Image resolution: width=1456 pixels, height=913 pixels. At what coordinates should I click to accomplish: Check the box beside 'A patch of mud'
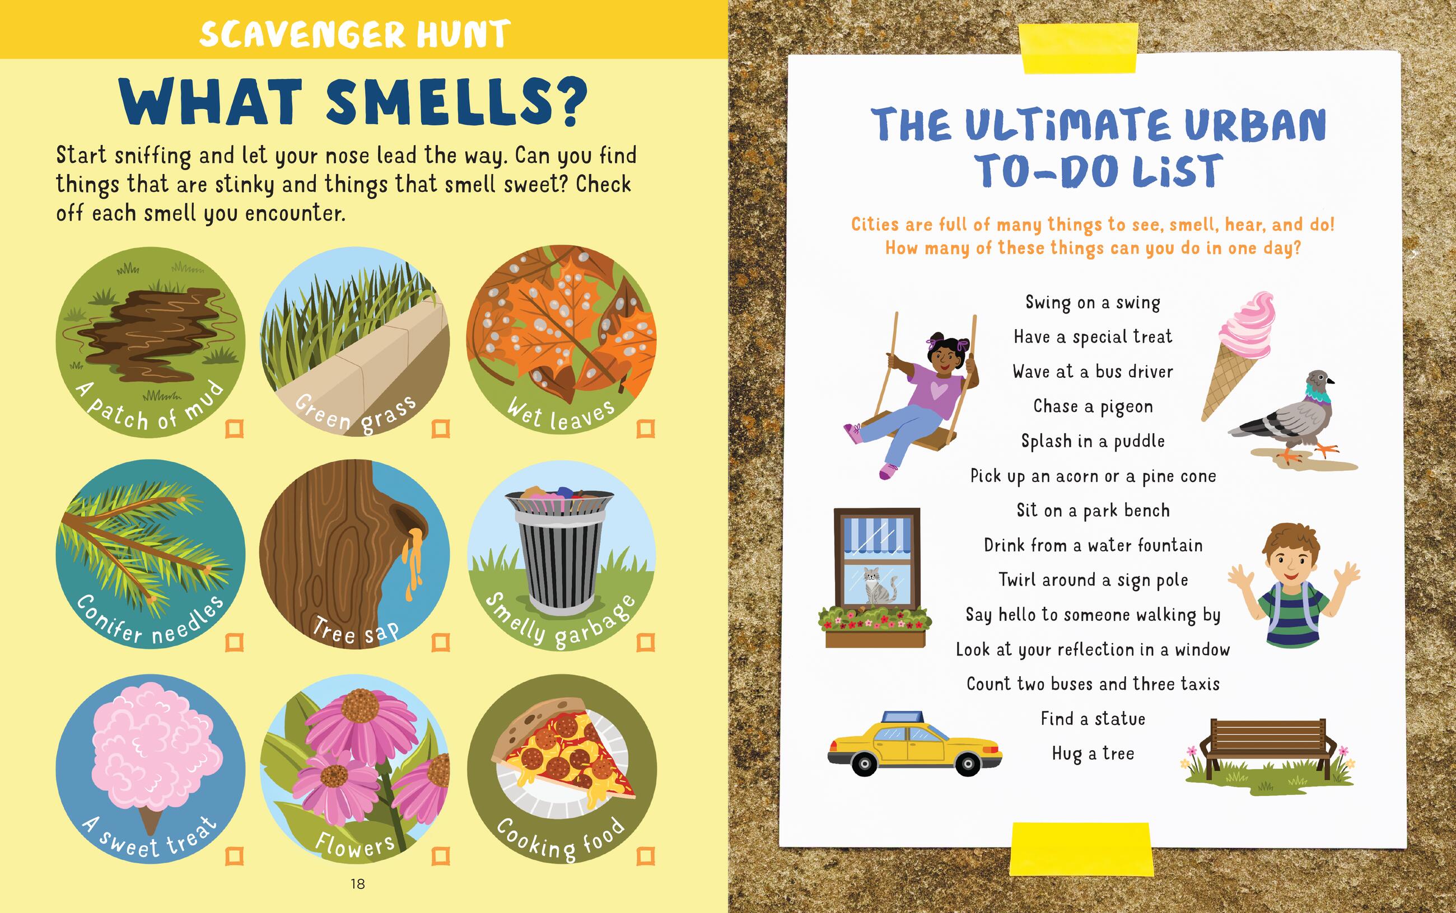pyautogui.click(x=234, y=429)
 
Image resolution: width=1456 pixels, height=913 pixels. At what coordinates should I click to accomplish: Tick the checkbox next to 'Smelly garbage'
pyautogui.click(x=646, y=643)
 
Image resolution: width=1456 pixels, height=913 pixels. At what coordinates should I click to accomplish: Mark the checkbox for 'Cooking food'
pyautogui.click(x=646, y=856)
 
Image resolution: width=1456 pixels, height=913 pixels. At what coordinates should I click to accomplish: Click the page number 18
pyautogui.click(x=357, y=884)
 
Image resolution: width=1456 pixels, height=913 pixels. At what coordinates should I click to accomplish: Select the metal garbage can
pyautogui.click(x=561, y=550)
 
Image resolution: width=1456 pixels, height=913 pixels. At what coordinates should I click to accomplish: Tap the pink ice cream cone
pyautogui.click(x=1238, y=356)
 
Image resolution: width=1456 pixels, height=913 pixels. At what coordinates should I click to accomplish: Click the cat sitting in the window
pyautogui.click(x=873, y=585)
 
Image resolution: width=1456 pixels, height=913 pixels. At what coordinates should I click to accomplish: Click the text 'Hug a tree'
pyautogui.click(x=1093, y=753)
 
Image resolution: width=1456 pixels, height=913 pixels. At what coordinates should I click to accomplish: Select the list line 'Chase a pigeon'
pyautogui.click(x=1093, y=406)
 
